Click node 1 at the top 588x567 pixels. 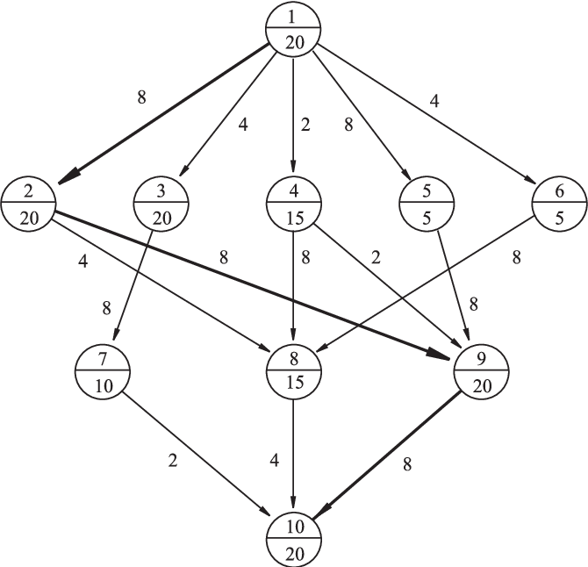click(x=292, y=29)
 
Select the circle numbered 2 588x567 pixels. click(x=29, y=203)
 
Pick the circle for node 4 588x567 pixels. click(x=292, y=203)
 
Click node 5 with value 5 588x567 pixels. click(x=425, y=203)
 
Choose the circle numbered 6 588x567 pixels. click(x=557, y=203)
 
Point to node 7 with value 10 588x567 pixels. click(x=102, y=373)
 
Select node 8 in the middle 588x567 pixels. click(x=292, y=373)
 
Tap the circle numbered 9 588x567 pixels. click(x=481, y=373)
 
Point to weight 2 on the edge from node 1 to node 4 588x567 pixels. click(x=305, y=125)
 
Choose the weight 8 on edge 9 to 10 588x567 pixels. click(x=406, y=466)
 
